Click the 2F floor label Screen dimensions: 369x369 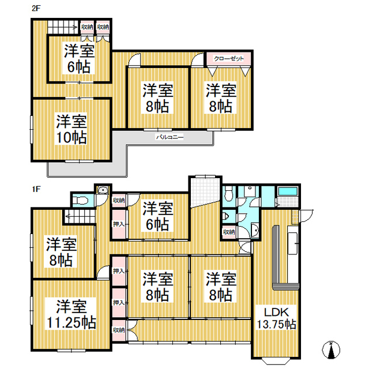tap(36, 8)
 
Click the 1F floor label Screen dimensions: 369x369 tap(36, 189)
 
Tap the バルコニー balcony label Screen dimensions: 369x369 tap(170, 137)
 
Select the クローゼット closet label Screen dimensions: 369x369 tap(229, 59)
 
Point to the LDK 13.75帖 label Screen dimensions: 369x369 tap(276, 318)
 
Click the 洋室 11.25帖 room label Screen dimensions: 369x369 tap(71, 314)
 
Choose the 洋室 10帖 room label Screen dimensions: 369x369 tap(71, 129)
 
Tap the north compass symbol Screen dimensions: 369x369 tap(331, 350)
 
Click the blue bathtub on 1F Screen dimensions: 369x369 tap(287, 191)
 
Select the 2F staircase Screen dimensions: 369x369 tap(63, 27)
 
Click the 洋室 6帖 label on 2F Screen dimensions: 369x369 tap(79, 59)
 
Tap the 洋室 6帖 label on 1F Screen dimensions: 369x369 tap(157, 216)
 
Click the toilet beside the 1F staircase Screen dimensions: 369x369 tap(80, 201)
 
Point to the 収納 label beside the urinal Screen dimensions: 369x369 tap(229, 232)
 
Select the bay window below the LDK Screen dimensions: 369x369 tap(276, 361)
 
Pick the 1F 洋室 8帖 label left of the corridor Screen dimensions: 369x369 tap(61, 253)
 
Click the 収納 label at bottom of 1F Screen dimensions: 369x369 tap(119, 330)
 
